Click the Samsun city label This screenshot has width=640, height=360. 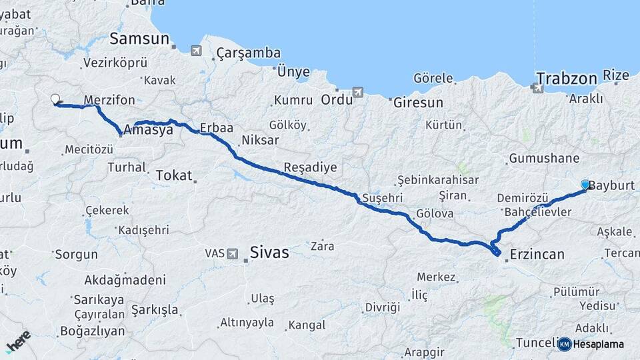[139, 38]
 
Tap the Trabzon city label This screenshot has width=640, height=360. [566, 79]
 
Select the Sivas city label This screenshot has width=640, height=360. [269, 252]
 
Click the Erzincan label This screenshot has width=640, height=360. [537, 254]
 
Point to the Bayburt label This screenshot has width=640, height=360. [612, 185]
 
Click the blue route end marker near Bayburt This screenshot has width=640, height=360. [585, 185]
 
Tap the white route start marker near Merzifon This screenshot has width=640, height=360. [55, 99]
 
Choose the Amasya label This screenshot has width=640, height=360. [148, 130]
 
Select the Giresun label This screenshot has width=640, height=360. [418, 103]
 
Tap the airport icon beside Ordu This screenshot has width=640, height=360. [359, 92]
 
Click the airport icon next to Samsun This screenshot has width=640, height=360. [196, 50]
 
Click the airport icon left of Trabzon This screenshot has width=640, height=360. [538, 87]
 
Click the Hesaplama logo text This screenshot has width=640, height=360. [598, 344]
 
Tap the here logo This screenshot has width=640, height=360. [19, 341]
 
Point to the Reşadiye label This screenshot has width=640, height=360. [310, 167]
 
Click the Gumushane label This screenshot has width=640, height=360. [543, 159]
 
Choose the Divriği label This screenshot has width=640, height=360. [383, 307]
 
